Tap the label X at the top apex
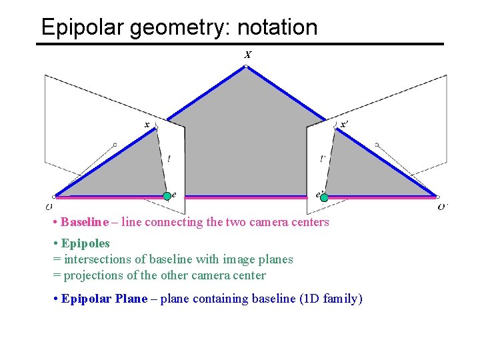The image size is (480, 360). coord(247,55)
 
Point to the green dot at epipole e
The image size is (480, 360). coord(167,196)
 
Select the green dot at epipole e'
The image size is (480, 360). coord(324,197)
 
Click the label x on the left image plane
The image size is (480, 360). coord(147,124)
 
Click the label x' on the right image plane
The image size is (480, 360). coord(343,124)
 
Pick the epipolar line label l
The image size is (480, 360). coord(169,159)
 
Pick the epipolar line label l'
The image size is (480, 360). coord(323,159)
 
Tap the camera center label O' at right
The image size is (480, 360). coord(443,207)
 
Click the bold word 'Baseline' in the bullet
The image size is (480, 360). coord(85,222)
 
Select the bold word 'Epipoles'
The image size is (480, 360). coord(85,243)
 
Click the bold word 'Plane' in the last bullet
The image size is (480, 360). coord(131,299)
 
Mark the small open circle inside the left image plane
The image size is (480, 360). coord(115,144)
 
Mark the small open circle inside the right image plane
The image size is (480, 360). coord(377,144)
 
